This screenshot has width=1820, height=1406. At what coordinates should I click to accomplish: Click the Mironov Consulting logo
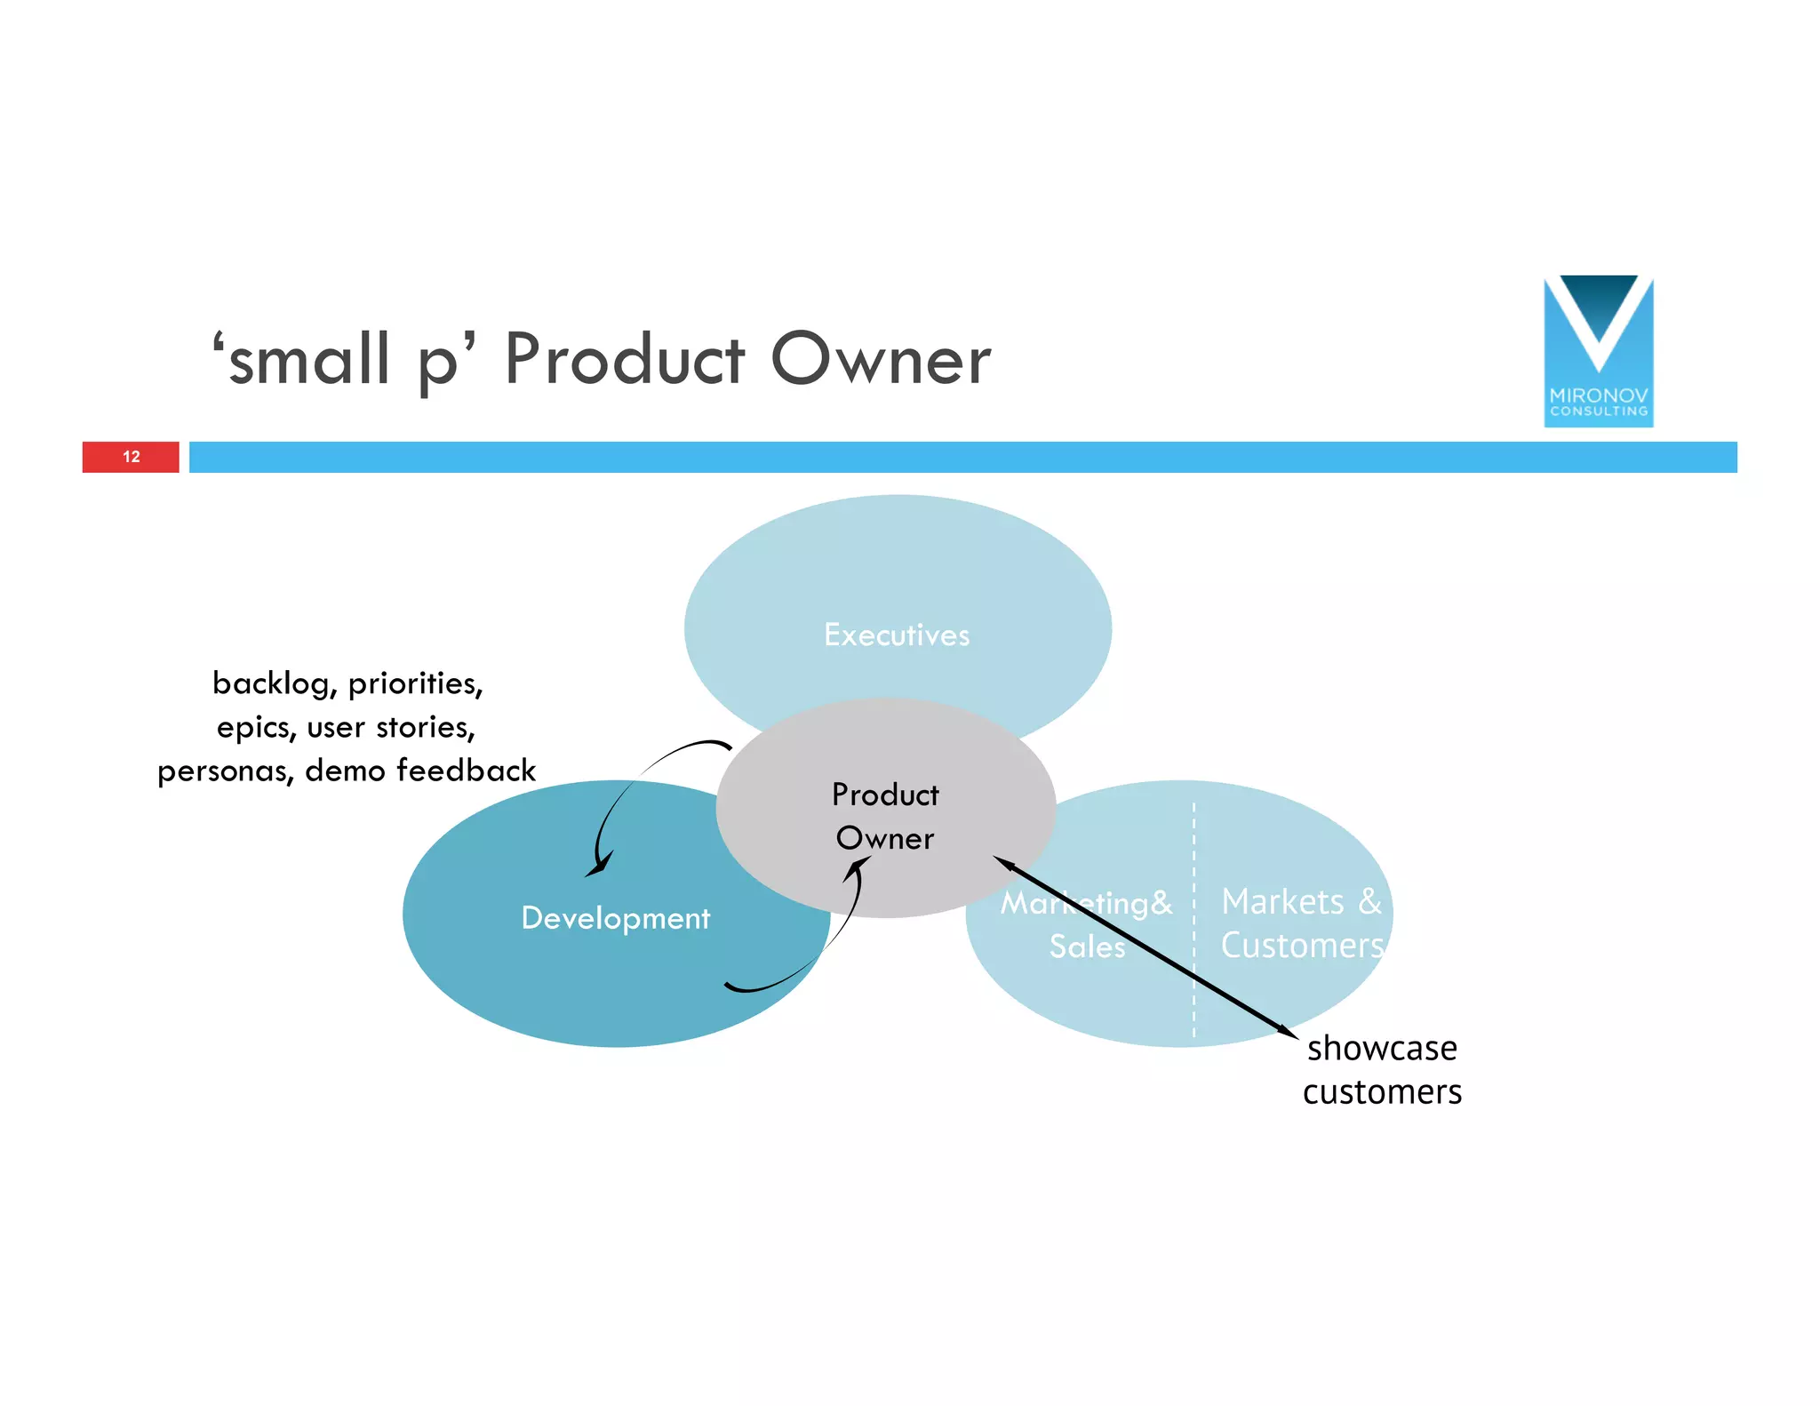[1598, 350]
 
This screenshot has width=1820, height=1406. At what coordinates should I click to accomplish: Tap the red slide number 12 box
[131, 457]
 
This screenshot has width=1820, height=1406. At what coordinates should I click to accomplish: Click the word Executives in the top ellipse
[897, 635]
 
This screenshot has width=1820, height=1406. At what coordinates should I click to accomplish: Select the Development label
[615, 917]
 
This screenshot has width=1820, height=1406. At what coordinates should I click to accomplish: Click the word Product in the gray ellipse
[885, 795]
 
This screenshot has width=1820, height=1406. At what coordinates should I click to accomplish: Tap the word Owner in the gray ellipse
[885, 838]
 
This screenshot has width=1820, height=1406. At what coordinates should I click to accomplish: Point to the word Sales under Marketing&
[1087, 946]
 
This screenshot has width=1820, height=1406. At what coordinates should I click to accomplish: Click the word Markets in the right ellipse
[1282, 901]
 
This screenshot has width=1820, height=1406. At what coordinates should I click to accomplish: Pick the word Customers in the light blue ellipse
[1302, 946]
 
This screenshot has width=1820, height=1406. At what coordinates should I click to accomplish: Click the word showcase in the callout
[1382, 1049]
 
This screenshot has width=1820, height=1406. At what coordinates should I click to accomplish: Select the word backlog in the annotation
[274, 683]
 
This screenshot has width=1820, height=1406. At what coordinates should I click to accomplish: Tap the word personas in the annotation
[226, 771]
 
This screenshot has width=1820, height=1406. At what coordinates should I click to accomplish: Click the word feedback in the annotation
[466, 770]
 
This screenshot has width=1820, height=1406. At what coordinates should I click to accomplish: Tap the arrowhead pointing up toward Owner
[858, 867]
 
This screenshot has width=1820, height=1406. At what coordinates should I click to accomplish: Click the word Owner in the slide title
[880, 360]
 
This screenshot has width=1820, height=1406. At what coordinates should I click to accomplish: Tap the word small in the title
[309, 360]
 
